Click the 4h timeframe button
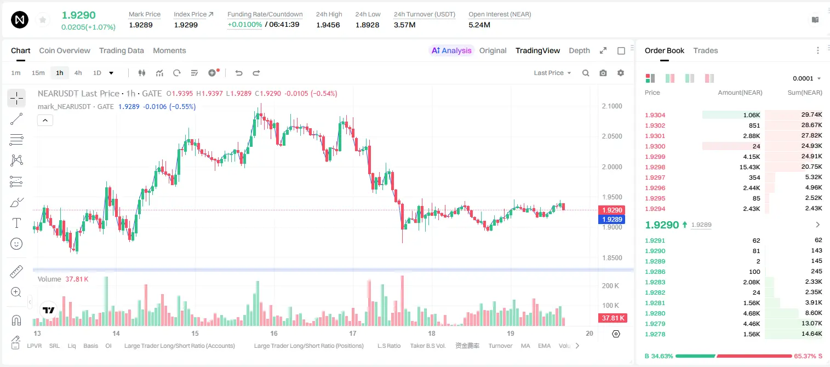78,73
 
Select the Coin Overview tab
65,50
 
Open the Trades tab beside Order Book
706,50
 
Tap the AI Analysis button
451,50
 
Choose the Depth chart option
579,50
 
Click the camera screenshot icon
603,73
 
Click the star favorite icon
43,20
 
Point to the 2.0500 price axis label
612,136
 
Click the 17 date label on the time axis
352,333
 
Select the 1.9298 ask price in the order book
655,167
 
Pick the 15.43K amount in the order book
749,167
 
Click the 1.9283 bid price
655,282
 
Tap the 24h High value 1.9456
328,25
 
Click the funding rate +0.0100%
244,25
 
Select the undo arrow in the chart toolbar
239,73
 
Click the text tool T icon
16,223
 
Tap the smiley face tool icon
16,244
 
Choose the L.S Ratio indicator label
388,346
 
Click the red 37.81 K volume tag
613,318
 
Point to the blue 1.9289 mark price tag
611,219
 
